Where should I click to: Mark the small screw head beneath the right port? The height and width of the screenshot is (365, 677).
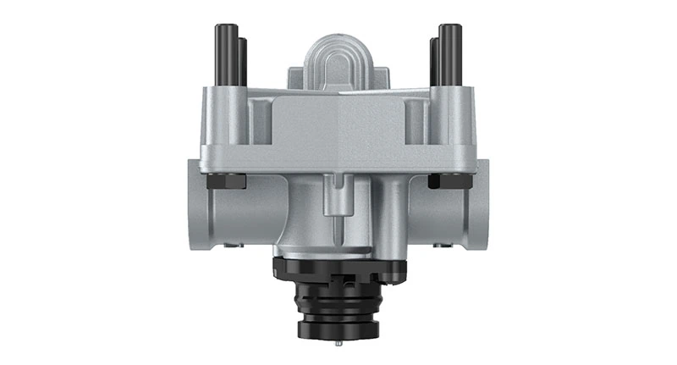click(441, 246)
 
